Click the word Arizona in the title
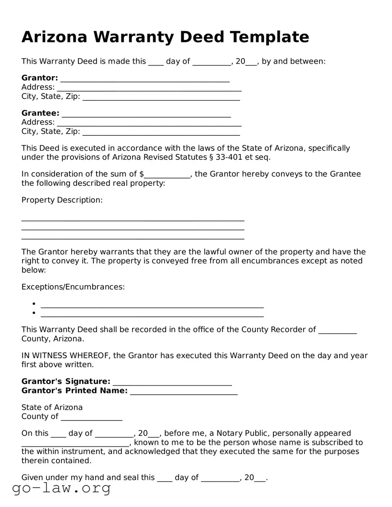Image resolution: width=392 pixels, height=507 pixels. [x=54, y=37]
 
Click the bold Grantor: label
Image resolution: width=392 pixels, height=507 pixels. [x=40, y=78]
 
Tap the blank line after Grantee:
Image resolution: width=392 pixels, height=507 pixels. [x=146, y=115]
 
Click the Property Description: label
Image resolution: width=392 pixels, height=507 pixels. [x=62, y=200]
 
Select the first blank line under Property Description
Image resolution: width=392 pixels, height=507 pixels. [x=133, y=219]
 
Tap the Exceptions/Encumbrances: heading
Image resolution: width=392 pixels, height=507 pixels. [x=73, y=287]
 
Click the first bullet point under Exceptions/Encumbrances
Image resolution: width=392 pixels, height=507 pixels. [x=34, y=304]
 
